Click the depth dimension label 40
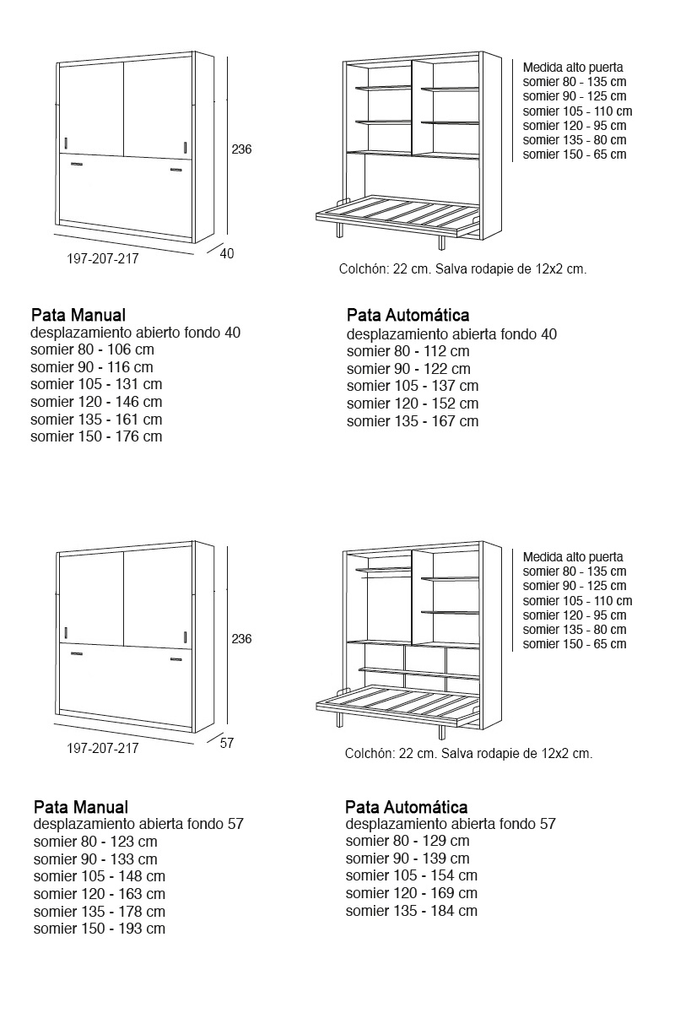pos(226,253)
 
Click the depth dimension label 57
pos(226,743)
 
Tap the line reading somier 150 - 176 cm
pos(96,436)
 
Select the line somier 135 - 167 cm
pos(412,421)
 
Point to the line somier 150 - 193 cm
pos(100,929)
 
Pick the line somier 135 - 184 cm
pos(411,911)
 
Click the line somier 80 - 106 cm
pos(92,349)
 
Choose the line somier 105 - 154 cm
pos(411,875)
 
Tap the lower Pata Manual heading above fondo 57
pos(81,807)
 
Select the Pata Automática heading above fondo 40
pos(408,316)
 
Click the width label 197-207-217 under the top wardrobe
pos(102,259)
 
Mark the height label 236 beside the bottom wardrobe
pos(241,639)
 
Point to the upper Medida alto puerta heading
pos(573,68)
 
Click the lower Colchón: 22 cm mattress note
pos(468,754)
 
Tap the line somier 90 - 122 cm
pos(408,369)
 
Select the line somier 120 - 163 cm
pos(100,893)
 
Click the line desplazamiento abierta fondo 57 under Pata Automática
pos(451,824)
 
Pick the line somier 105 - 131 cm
pos(96,384)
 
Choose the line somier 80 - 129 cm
pos(408,841)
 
